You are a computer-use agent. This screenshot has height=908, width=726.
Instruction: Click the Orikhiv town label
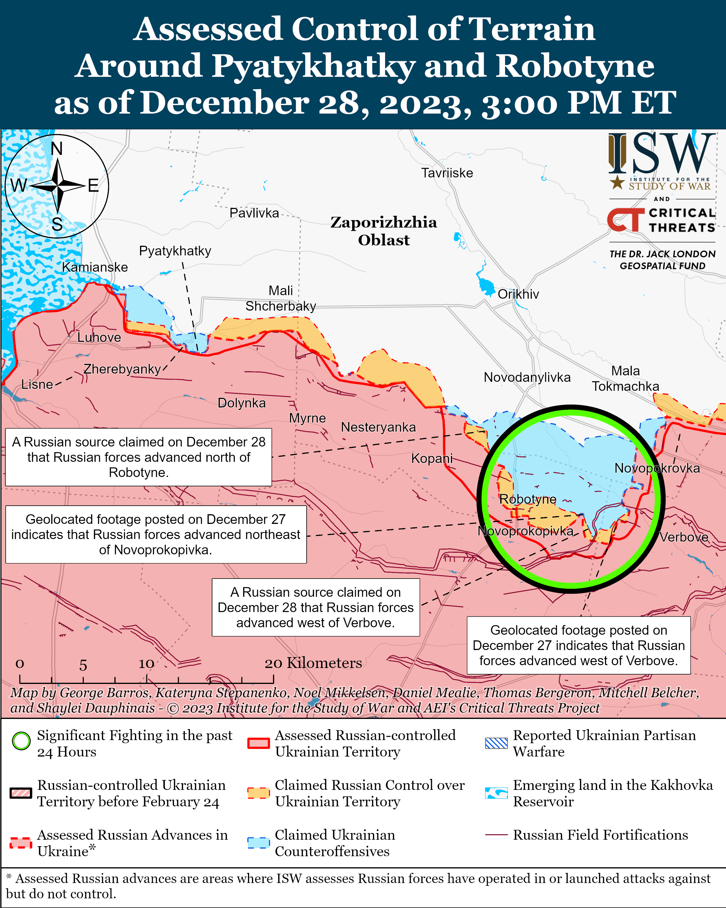(x=518, y=294)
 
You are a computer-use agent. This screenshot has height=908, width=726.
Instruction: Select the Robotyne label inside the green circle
(x=528, y=499)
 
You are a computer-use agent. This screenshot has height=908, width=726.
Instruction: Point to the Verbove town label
(x=684, y=537)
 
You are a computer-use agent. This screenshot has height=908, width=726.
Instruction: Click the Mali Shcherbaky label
(x=280, y=298)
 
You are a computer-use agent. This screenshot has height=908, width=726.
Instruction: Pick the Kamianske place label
(x=95, y=267)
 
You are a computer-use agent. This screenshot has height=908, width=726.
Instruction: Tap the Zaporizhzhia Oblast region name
(x=383, y=231)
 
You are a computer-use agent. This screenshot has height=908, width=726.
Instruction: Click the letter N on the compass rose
(x=57, y=149)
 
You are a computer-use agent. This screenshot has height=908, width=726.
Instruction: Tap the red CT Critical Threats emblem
(x=625, y=220)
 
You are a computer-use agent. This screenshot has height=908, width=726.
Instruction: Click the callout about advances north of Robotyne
(x=139, y=457)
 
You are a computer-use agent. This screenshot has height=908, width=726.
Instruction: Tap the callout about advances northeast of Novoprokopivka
(x=156, y=534)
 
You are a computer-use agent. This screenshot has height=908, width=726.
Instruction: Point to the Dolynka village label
(x=241, y=403)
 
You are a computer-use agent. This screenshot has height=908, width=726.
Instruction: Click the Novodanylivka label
(x=527, y=377)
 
